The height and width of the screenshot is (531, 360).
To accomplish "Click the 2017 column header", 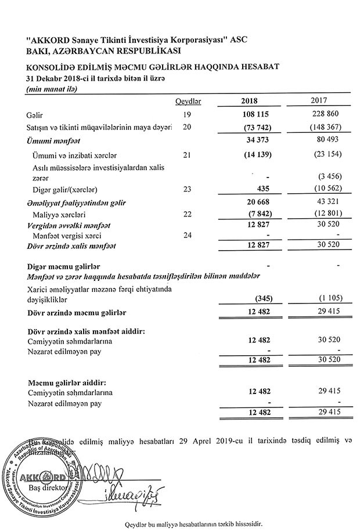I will (x=323, y=102).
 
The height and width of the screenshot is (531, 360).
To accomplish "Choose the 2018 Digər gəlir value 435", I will (x=261, y=189).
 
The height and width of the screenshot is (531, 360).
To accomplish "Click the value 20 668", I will (x=256, y=203).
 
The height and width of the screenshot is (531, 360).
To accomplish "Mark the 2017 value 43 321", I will (x=327, y=203).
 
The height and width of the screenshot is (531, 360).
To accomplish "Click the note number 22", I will (x=187, y=214).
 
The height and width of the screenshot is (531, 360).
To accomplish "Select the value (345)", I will (x=258, y=299).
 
